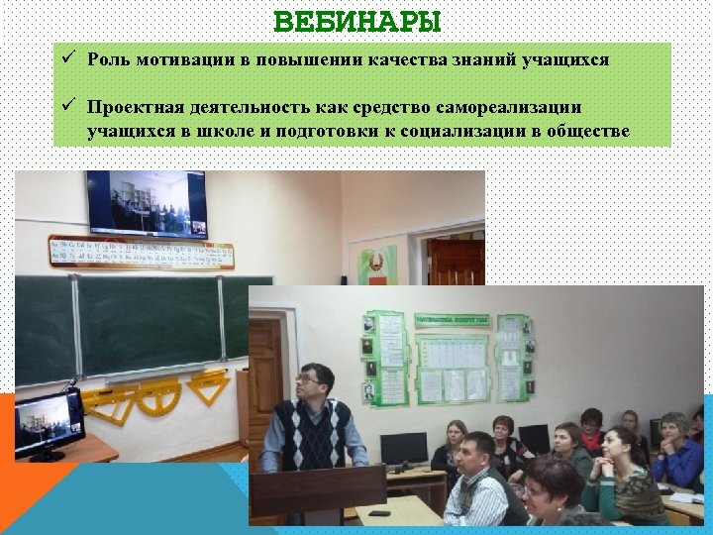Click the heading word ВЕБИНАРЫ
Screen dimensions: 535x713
356,21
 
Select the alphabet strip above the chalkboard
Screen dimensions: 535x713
139,251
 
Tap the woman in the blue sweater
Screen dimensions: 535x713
677,453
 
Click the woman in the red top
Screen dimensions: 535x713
592,432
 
